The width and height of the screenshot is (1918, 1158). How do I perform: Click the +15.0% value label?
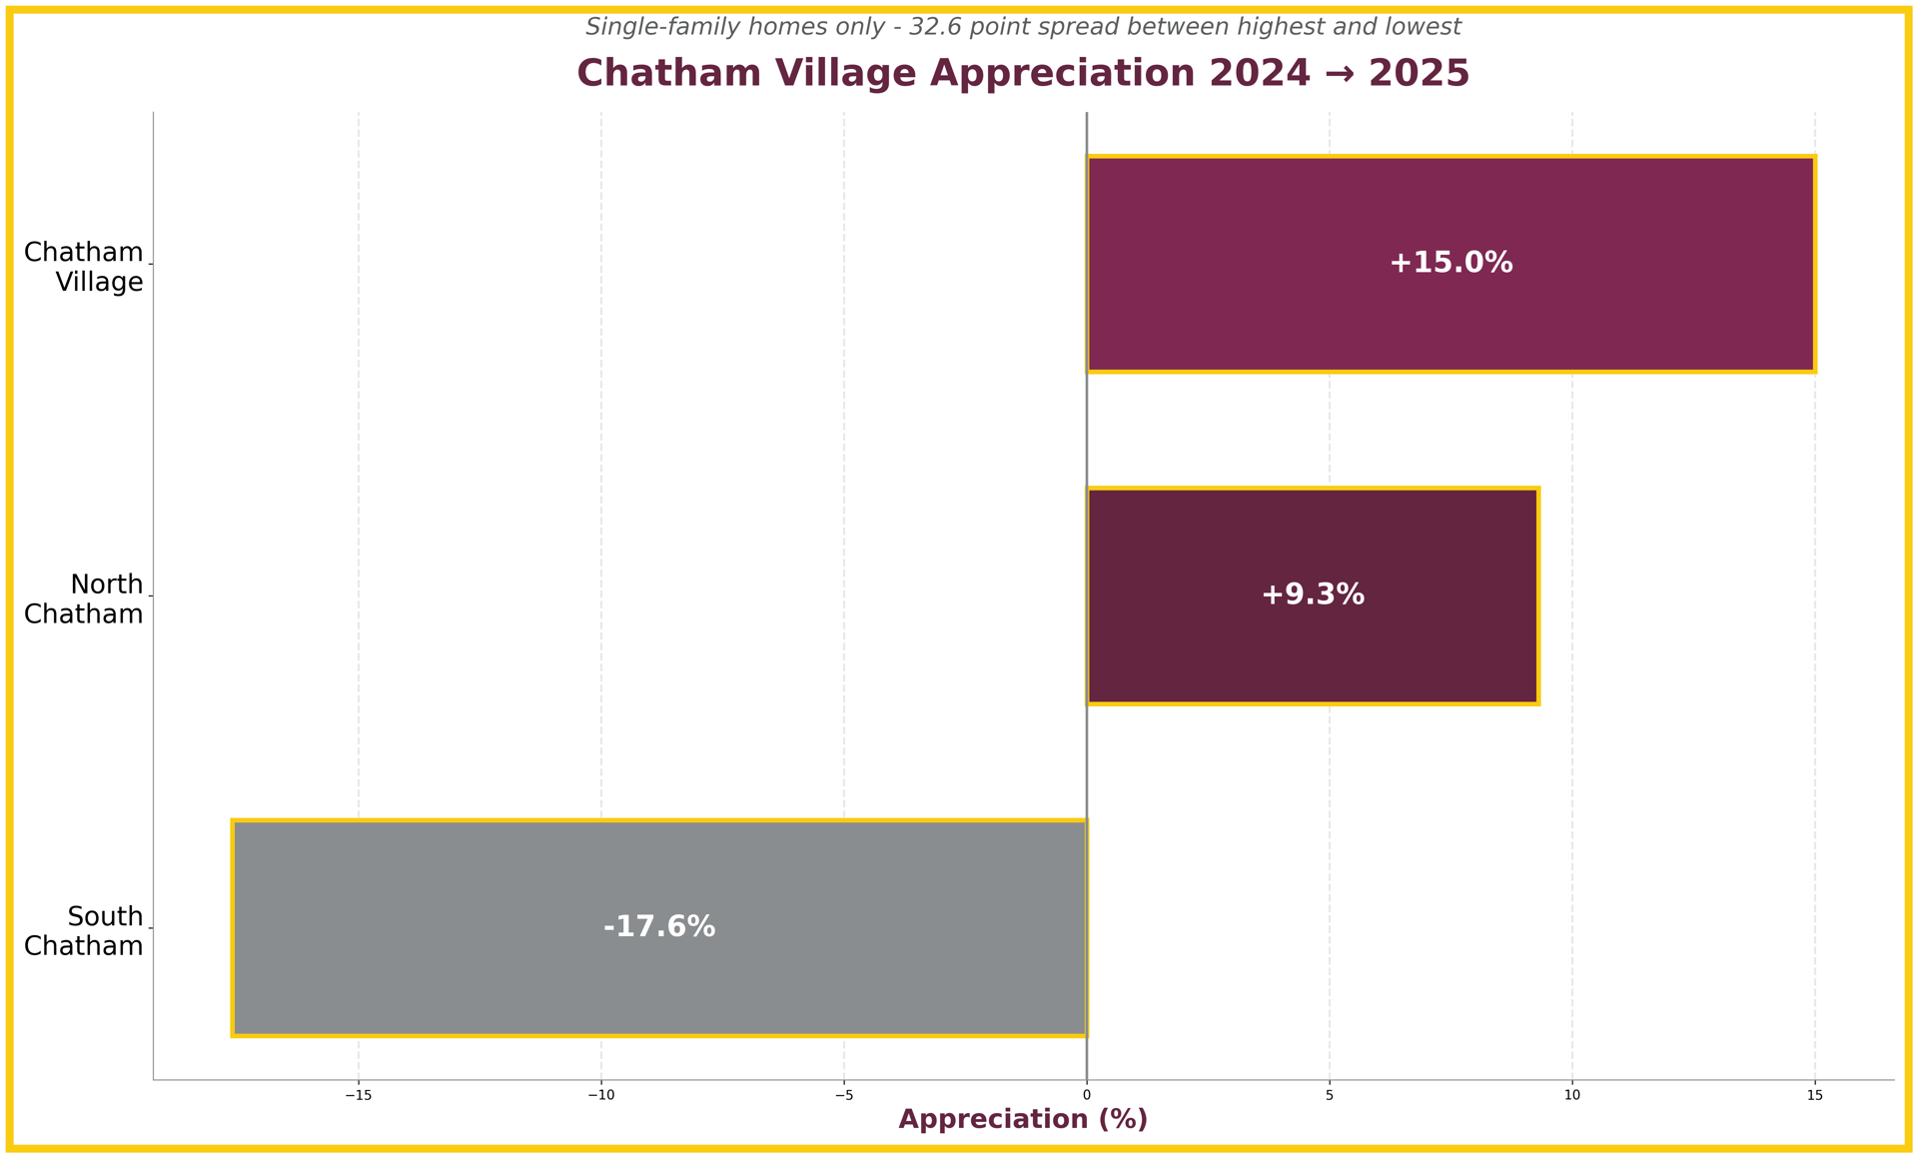[x=1450, y=263]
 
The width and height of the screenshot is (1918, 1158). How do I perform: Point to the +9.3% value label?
[x=1312, y=594]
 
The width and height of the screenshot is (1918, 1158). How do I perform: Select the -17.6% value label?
[x=659, y=927]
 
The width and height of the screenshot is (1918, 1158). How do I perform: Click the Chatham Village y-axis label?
[x=84, y=267]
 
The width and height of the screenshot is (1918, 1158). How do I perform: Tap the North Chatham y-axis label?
[x=84, y=598]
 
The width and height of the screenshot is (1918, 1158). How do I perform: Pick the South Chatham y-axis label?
[x=84, y=930]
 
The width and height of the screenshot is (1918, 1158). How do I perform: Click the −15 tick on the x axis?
[x=359, y=1095]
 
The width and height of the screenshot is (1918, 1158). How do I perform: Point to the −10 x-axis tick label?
[x=600, y=1095]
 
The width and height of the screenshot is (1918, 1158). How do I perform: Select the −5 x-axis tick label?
[x=843, y=1095]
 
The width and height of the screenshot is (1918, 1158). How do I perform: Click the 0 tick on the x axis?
[x=1087, y=1095]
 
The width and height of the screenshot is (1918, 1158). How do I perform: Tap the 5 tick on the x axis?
[x=1330, y=1095]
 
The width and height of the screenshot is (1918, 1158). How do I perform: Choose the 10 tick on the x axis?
[x=1572, y=1095]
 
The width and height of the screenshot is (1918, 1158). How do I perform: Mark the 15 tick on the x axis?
[x=1815, y=1095]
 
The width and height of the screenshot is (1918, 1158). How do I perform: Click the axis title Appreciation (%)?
[x=1023, y=1119]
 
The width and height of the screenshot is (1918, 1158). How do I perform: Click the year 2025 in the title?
[x=1419, y=74]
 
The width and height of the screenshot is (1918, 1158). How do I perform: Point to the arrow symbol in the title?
[x=1340, y=74]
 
